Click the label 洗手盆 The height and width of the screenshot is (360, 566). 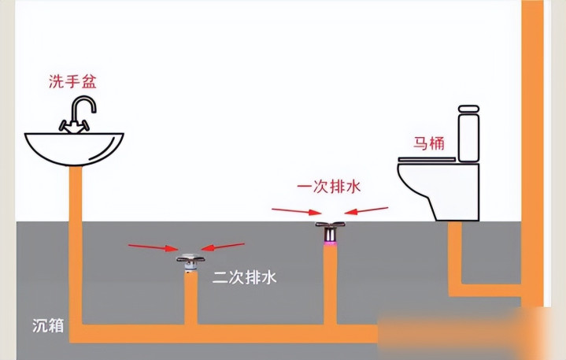click(x=72, y=81)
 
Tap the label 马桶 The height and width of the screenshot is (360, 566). click(x=429, y=143)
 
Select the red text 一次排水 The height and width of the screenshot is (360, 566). click(x=329, y=187)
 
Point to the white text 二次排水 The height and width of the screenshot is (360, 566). click(x=244, y=277)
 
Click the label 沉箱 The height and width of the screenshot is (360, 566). click(x=48, y=325)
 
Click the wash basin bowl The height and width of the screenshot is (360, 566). click(x=74, y=149)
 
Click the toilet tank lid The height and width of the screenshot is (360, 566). click(x=468, y=109)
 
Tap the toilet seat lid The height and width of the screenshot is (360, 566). click(x=427, y=159)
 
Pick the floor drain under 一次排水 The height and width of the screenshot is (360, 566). click(x=330, y=233)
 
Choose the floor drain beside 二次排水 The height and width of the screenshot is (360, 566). click(x=191, y=262)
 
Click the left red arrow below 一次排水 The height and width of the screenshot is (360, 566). click(x=296, y=211)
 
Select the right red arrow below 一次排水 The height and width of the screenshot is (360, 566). click(x=366, y=210)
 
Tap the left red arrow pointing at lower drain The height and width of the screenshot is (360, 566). click(x=153, y=247)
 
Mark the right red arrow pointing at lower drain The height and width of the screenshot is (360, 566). click(x=223, y=247)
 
